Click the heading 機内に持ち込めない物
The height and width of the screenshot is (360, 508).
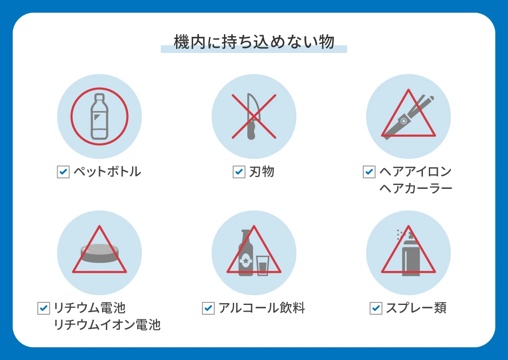(x=254, y=42)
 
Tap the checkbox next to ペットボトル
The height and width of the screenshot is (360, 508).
(x=63, y=172)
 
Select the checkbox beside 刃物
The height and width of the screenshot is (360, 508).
(x=239, y=172)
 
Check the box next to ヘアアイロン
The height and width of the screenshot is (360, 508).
(x=369, y=172)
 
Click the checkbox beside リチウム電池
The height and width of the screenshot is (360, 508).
(x=44, y=308)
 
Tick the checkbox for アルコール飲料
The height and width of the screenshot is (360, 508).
(x=208, y=308)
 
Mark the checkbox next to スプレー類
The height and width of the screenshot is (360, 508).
(x=376, y=308)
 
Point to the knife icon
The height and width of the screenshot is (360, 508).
(x=251, y=116)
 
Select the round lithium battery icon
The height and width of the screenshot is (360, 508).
(x=99, y=253)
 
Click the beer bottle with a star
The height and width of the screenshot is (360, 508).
(x=246, y=254)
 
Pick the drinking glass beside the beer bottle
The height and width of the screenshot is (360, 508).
(x=262, y=266)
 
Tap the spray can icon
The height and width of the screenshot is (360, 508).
(x=410, y=254)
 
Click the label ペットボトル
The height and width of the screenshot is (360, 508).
(x=107, y=172)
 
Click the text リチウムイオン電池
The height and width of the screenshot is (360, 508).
(x=107, y=325)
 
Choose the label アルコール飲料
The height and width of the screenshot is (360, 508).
(x=262, y=308)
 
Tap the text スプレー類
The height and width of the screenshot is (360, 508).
(x=416, y=308)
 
